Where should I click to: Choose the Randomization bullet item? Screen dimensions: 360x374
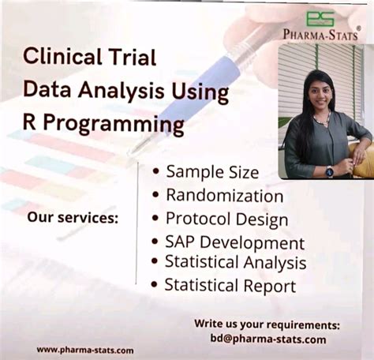click(224, 195)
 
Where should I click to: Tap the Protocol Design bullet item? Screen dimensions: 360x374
click(226, 219)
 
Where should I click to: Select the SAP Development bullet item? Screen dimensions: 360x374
click(234, 243)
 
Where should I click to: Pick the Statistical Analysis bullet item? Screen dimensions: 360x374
click(235, 262)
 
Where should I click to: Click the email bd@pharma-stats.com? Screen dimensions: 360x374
click(267, 339)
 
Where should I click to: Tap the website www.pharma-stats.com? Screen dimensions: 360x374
click(84, 350)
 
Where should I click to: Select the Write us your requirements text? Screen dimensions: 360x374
click(267, 324)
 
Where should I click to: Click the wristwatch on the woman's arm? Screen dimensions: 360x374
click(330, 171)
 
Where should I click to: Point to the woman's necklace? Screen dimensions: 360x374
click(320, 120)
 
